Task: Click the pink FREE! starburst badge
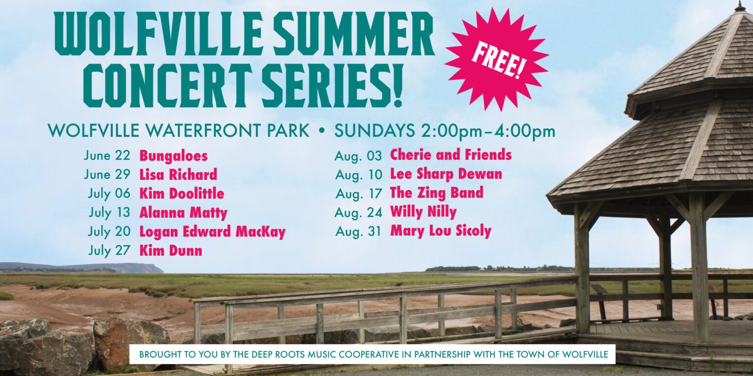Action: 497,59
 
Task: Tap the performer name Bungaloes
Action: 174,156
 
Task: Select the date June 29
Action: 107,174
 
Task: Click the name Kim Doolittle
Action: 181,193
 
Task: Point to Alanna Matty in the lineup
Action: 183,213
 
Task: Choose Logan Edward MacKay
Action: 212,232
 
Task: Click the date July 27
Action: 109,251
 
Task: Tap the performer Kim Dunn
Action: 171,251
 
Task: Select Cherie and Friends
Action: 451,155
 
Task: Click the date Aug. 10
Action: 359,175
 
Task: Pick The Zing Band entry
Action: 437,193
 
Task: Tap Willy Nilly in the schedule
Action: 423,212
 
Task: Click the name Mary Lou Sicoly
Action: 441,231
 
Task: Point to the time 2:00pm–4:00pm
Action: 486,131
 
